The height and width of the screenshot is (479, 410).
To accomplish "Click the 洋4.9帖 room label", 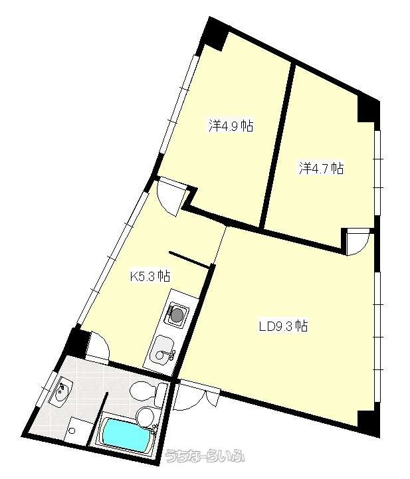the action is (x=231, y=126).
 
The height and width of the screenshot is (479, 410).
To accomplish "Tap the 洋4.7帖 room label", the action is (x=322, y=168).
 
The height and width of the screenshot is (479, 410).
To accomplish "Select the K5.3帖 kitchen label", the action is (x=150, y=276).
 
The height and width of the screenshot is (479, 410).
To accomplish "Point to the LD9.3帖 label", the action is (x=283, y=326).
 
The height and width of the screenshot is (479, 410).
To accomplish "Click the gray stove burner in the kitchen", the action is (x=177, y=315).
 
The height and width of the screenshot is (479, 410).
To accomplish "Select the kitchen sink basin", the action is (x=163, y=348).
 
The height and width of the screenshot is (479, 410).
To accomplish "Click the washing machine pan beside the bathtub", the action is (x=75, y=429).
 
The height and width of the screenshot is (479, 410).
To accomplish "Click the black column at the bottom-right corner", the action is (x=369, y=424).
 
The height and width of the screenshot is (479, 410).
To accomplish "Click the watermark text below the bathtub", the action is (x=205, y=456).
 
